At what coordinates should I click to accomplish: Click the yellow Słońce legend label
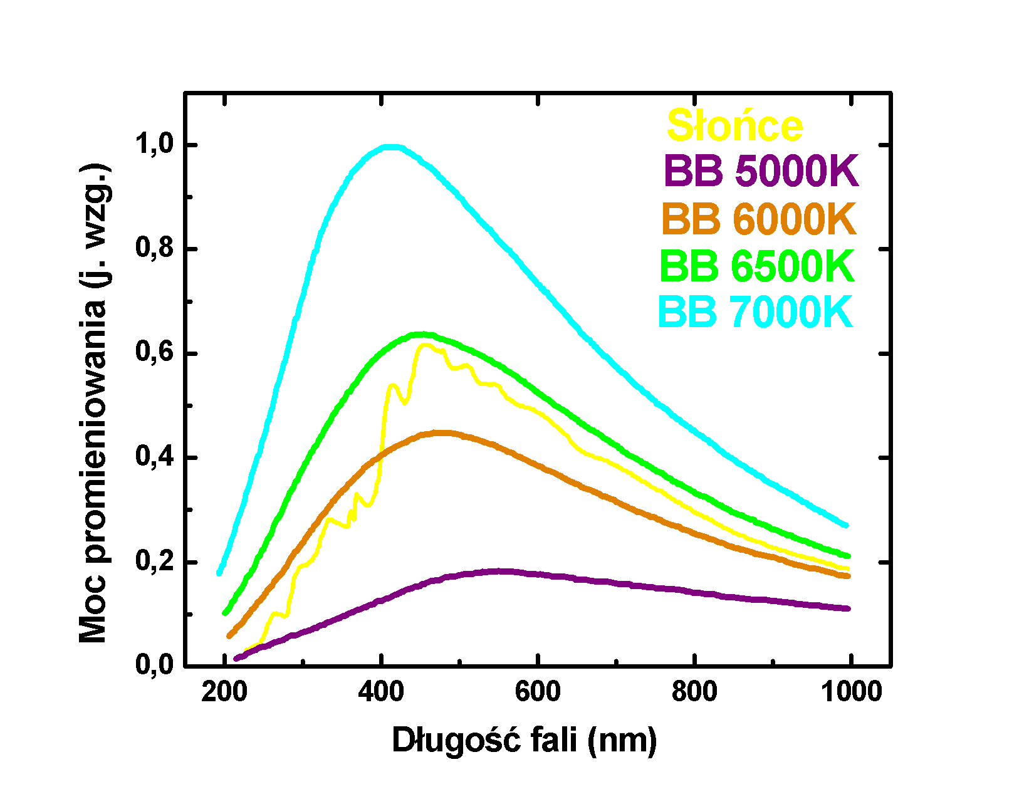point(734,126)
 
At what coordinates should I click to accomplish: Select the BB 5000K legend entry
point(761,170)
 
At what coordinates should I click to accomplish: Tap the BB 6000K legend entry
point(758,219)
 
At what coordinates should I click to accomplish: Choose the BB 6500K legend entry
point(757,266)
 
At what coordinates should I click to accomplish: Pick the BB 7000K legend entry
point(756,311)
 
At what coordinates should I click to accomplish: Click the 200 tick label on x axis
point(224,692)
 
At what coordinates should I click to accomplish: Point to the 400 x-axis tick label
point(381,692)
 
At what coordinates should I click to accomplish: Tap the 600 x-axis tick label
point(538,692)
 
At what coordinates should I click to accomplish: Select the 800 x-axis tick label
point(694,692)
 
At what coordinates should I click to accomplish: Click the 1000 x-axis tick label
point(851,692)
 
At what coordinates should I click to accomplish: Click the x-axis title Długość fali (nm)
point(524,741)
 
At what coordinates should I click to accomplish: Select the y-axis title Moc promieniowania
point(94,404)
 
